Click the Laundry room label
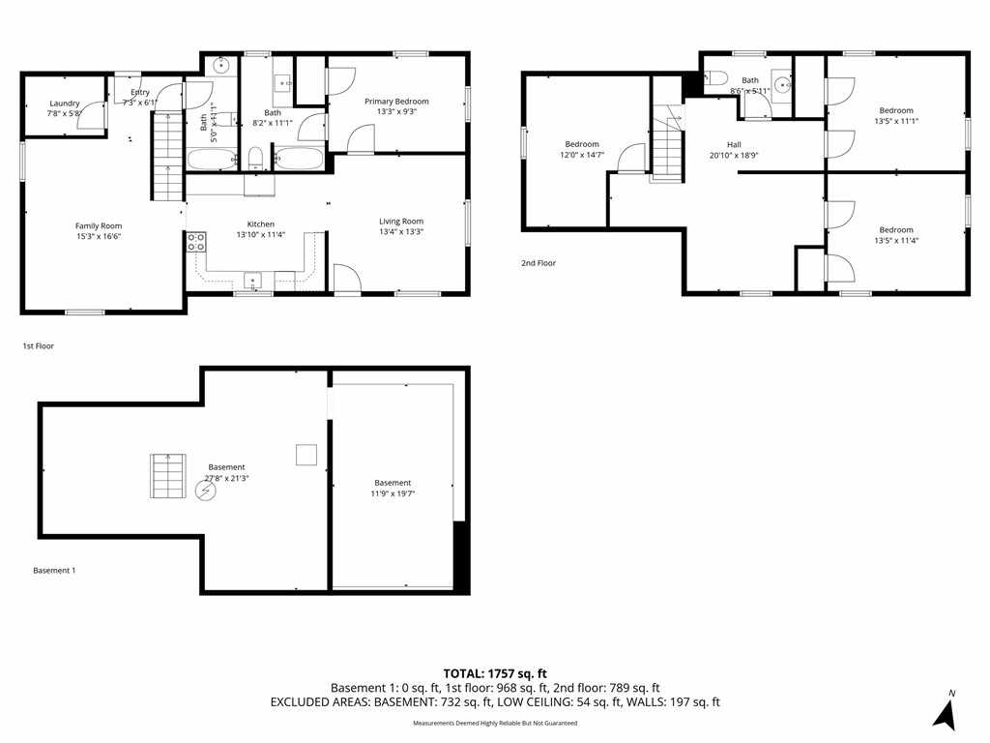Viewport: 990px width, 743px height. pyautogui.click(x=64, y=103)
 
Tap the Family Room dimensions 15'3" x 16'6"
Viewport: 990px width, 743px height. pyautogui.click(x=99, y=236)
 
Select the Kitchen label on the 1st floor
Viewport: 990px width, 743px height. pyautogui.click(x=255, y=223)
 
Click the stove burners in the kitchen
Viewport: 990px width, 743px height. pyautogui.click(x=196, y=241)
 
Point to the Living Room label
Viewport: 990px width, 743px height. pyautogui.click(x=400, y=222)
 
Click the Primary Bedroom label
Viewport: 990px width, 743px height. pyautogui.click(x=396, y=102)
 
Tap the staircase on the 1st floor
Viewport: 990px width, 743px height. pyautogui.click(x=167, y=155)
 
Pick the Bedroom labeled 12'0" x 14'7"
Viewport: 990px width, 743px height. pyautogui.click(x=582, y=155)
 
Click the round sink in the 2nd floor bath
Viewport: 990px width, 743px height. pyautogui.click(x=779, y=83)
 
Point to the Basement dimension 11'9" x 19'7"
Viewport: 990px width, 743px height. pyautogui.click(x=393, y=492)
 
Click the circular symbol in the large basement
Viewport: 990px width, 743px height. pyautogui.click(x=206, y=490)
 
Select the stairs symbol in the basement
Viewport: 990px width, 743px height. pyautogui.click(x=167, y=476)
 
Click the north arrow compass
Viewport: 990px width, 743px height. pyautogui.click(x=945, y=711)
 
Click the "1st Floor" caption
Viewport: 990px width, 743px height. pyautogui.click(x=40, y=345)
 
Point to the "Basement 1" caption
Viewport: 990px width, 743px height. pyautogui.click(x=54, y=570)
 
